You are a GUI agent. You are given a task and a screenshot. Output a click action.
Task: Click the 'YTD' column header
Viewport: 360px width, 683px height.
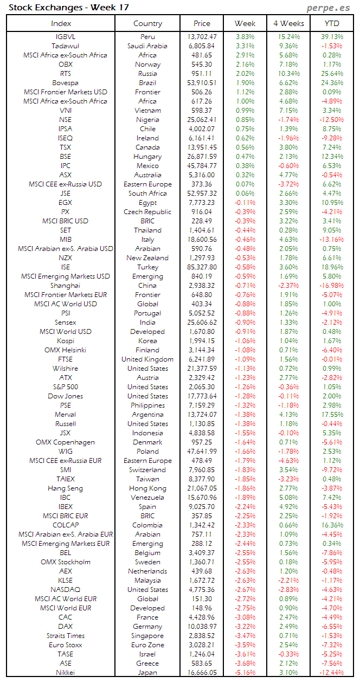click(x=332, y=23)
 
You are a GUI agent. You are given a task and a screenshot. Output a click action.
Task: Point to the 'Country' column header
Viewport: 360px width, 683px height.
click(x=147, y=23)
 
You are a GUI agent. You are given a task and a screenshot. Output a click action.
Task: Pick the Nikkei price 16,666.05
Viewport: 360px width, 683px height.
click(x=201, y=673)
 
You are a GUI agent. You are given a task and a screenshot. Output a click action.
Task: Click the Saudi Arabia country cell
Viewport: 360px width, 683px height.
click(x=147, y=46)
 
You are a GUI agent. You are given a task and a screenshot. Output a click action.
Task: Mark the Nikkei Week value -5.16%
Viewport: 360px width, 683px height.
click(x=245, y=673)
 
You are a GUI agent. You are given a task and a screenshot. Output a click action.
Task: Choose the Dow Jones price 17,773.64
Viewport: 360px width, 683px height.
click(x=201, y=396)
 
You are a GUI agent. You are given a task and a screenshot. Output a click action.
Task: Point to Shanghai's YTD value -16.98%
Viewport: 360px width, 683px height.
click(x=331, y=286)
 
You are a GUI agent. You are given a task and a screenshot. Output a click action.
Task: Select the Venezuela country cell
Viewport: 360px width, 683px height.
click(x=147, y=498)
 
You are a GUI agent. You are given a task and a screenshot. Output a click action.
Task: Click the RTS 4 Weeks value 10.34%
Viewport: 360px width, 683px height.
click(x=288, y=74)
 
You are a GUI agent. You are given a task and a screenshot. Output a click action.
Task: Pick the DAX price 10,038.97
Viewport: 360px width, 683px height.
click(x=201, y=627)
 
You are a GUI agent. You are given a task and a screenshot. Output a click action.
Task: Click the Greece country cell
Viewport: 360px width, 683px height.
click(x=147, y=663)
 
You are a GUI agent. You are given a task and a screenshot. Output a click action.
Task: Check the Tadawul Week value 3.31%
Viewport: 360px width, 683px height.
click(x=245, y=46)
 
